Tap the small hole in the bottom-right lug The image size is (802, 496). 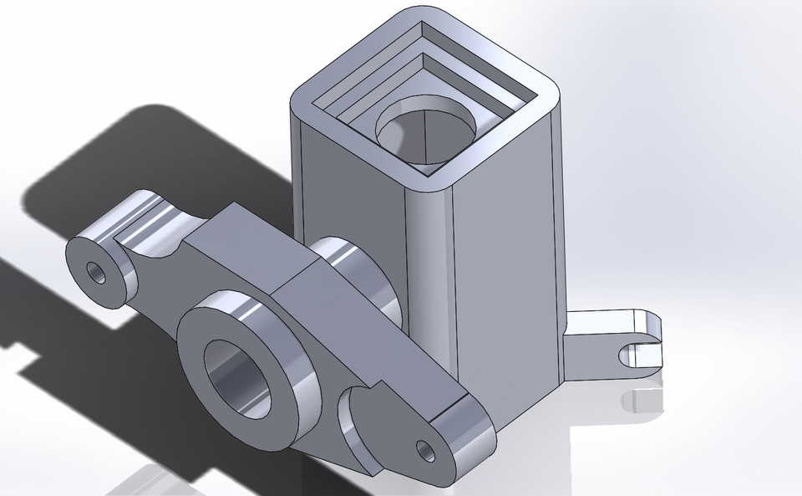click(x=428, y=450)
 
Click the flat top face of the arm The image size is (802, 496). click(x=251, y=251)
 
